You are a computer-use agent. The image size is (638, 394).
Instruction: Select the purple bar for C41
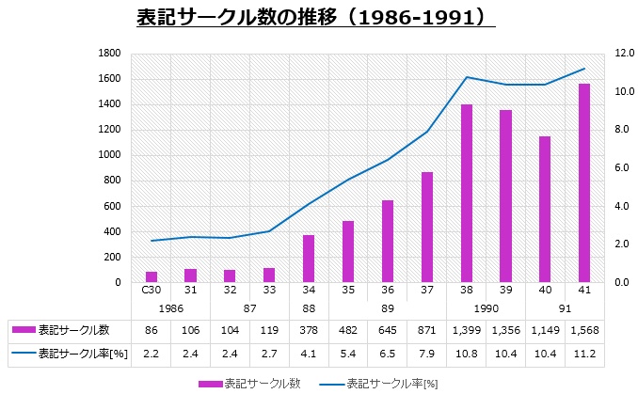click(584, 182)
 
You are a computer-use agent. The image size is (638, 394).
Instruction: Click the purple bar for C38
click(467, 193)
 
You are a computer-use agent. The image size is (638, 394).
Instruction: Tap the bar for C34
click(309, 258)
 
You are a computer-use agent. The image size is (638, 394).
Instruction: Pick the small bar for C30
click(152, 276)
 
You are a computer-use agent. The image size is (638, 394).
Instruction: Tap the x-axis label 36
click(388, 291)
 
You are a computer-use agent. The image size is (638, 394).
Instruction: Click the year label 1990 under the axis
click(486, 307)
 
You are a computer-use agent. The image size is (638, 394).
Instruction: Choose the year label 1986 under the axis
click(171, 307)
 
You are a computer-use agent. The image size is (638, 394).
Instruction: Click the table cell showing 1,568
click(584, 330)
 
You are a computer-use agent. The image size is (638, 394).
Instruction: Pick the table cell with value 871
click(427, 330)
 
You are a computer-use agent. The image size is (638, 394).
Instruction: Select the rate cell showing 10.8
click(467, 354)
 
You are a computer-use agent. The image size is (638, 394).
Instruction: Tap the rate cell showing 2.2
click(152, 354)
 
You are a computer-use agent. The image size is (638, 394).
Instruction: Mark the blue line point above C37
click(427, 132)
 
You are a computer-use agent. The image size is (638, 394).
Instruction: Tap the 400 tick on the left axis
click(111, 231)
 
